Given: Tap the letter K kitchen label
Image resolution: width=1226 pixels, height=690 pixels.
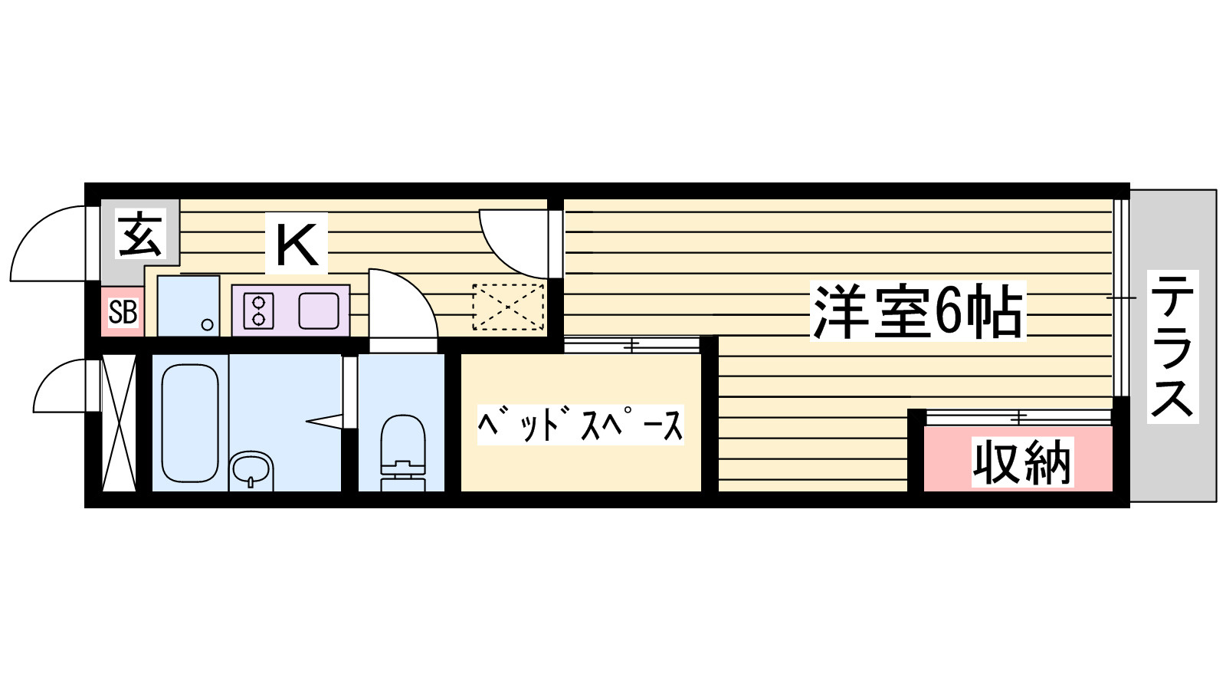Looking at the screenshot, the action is pyautogui.click(x=297, y=245).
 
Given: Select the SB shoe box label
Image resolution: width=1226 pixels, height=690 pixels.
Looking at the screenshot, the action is pyautogui.click(x=123, y=311).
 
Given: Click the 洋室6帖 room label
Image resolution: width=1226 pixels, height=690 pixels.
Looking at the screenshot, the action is pyautogui.click(x=917, y=311).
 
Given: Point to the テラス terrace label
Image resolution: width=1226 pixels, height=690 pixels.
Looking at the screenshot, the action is pyautogui.click(x=1172, y=347).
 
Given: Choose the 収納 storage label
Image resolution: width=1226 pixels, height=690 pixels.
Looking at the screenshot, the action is pyautogui.click(x=1022, y=462).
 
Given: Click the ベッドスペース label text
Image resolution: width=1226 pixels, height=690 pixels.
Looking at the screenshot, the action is pyautogui.click(x=580, y=425).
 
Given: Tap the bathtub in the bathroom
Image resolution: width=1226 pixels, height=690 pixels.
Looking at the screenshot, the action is pyautogui.click(x=191, y=423).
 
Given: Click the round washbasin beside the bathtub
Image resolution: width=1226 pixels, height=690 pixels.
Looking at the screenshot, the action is pyautogui.click(x=251, y=470).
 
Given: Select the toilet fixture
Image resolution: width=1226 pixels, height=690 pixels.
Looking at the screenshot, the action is pyautogui.click(x=403, y=452).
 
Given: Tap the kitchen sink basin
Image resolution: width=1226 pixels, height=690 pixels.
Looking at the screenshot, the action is pyautogui.click(x=319, y=310).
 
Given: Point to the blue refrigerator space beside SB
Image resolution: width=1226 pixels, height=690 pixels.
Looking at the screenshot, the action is pyautogui.click(x=188, y=306).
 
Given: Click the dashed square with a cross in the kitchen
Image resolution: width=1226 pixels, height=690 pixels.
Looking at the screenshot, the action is pyautogui.click(x=509, y=307).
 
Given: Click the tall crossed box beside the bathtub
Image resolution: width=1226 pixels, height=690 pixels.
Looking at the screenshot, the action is pyautogui.click(x=119, y=423).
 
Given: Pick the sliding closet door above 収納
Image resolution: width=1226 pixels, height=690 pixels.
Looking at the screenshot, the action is pyautogui.click(x=1018, y=417).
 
